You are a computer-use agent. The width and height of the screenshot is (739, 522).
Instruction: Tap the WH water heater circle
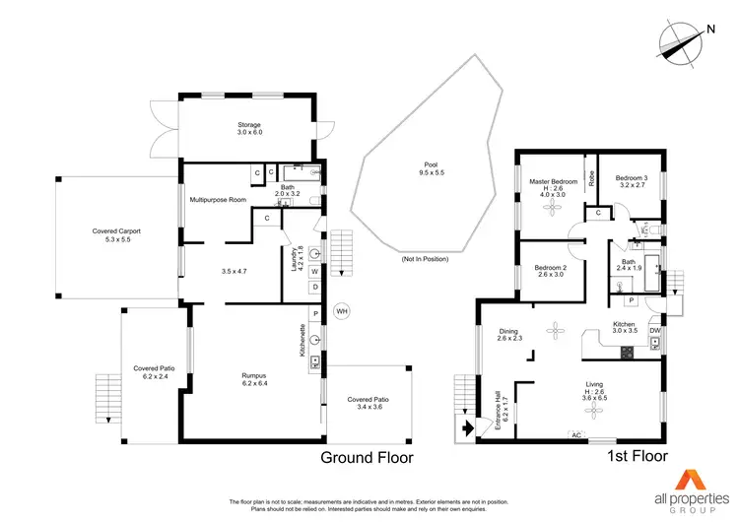tap(342, 311)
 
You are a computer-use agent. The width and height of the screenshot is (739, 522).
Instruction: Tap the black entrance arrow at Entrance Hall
tap(466, 428)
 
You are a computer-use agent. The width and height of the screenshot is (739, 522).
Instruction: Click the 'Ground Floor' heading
tap(368, 458)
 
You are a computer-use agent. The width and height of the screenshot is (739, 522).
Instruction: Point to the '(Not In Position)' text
tap(425, 259)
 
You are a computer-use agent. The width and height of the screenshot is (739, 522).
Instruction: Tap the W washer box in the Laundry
tap(314, 271)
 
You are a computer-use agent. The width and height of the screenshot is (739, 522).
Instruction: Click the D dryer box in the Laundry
tap(314, 288)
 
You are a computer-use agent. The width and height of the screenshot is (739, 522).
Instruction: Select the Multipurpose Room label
tap(218, 199)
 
